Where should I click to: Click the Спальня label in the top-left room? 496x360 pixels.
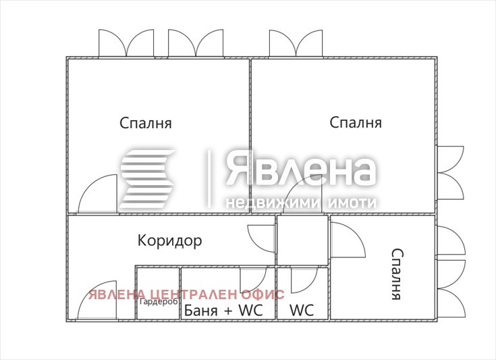pyautogui.click(x=146, y=124)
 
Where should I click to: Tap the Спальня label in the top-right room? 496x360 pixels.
pyautogui.click(x=356, y=123)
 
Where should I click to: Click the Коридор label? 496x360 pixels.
pyautogui.click(x=169, y=240)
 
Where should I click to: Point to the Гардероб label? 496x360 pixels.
pyautogui.click(x=159, y=301)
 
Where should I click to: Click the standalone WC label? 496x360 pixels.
pyautogui.click(x=302, y=311)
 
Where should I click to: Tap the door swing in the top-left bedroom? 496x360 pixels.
pyautogui.click(x=100, y=195)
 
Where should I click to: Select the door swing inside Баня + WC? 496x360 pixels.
pyautogui.click(x=252, y=279)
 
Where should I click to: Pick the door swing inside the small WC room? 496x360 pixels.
pyautogui.click(x=303, y=279)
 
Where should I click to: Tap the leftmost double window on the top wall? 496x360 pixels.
pyautogui.click(x=126, y=44)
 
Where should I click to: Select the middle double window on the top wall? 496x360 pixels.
pyautogui.click(x=195, y=44)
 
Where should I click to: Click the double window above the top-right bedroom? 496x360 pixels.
pyautogui.click(x=296, y=44)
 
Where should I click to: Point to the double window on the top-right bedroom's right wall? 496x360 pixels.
pyautogui.click(x=450, y=173)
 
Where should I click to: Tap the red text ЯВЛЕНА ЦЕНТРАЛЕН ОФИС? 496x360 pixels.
pyautogui.click(x=187, y=294)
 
